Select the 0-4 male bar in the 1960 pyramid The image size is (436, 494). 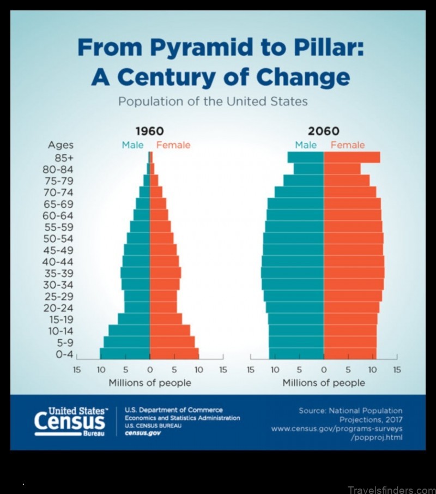pos(124,353)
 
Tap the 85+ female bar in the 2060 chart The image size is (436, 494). pos(352,158)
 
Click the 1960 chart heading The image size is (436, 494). pos(149,131)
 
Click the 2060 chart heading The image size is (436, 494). pos(324,131)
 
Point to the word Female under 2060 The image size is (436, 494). pos(347,145)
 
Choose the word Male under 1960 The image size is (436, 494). pos(132,145)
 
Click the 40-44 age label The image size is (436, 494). pos(58,261)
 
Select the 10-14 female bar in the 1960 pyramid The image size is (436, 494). pos(169,330)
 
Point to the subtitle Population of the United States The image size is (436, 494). pos(213,102)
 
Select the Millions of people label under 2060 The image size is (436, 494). pos(324,383)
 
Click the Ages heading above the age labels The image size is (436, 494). pos(60,145)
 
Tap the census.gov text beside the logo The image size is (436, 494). pos(142,432)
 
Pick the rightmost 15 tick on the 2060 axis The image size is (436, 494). pos(397,370)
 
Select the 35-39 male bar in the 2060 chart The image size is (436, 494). pos(292,273)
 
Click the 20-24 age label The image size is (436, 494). pos(58,308)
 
